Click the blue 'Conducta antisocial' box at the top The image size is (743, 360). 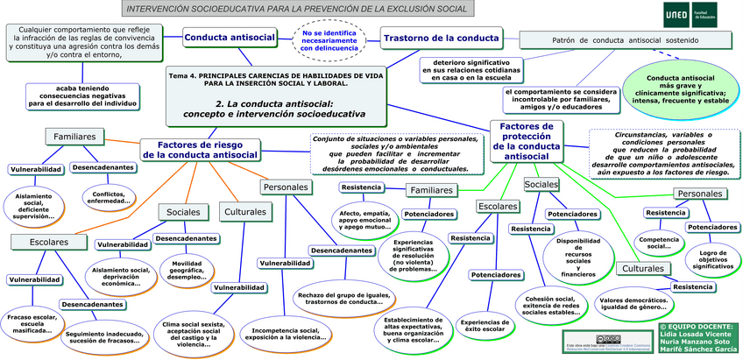pyautogui.click(x=229, y=38)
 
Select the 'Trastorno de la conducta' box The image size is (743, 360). pyautogui.click(x=441, y=38)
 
